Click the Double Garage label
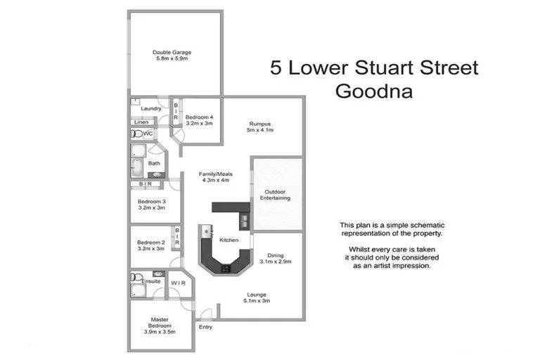tap(172, 56)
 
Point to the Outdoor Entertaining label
tap(277, 195)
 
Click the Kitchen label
tap(229, 240)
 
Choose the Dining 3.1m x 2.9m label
tap(276, 258)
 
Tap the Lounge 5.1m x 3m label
tap(256, 297)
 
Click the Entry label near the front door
tap(205, 327)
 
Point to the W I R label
tap(176, 283)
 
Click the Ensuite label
tap(151, 282)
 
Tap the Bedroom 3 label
tap(150, 205)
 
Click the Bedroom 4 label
tap(198, 120)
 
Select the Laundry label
tap(151, 108)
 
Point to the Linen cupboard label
tap(141, 122)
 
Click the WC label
tap(148, 134)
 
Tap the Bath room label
tap(154, 163)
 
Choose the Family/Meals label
tap(216, 176)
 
